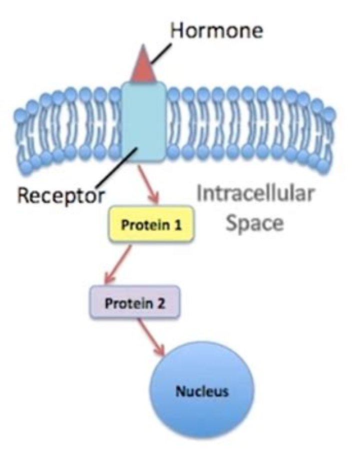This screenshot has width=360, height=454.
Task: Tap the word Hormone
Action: click(216, 31)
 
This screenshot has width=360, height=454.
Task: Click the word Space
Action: click(254, 223)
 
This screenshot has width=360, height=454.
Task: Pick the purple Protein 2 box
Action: click(133, 303)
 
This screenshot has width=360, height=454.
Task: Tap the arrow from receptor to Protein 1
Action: click(149, 184)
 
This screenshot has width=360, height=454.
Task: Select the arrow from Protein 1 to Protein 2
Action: click(117, 264)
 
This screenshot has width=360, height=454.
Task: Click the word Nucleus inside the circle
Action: click(202, 390)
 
